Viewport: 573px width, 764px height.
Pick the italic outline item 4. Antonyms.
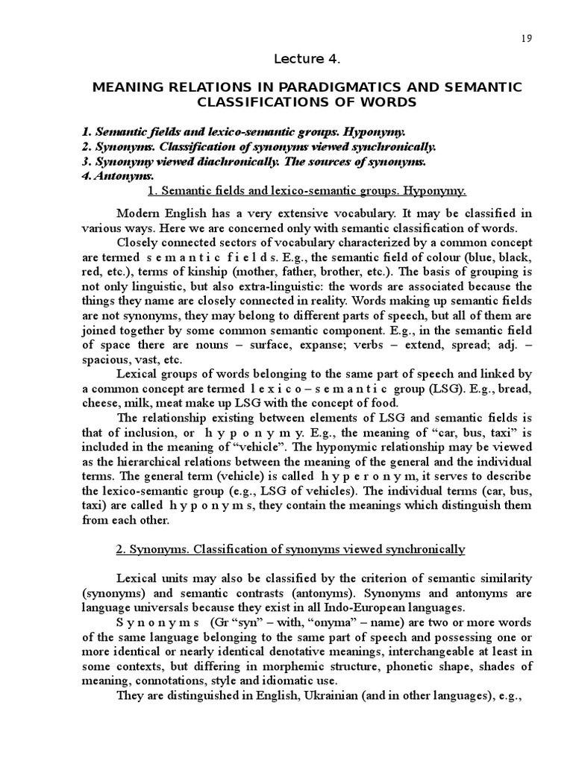(x=117, y=176)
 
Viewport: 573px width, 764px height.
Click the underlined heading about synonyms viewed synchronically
(x=291, y=549)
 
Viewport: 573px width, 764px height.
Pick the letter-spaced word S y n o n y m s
(x=157, y=622)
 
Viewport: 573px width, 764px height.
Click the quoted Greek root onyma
(x=307, y=622)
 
